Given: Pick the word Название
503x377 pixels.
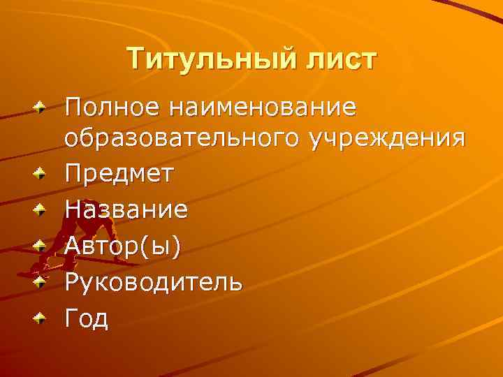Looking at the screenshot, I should [126, 209].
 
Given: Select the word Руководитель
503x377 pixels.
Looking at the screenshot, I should [154, 282].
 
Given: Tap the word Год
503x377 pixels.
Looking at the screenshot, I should [87, 318].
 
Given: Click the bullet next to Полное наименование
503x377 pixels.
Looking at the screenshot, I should [43, 109].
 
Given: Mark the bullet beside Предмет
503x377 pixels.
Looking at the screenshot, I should [43, 173].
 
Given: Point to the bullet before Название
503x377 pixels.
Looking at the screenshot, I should [43, 209].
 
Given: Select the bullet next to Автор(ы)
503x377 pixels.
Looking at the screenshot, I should [43, 245].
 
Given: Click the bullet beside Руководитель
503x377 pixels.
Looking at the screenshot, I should [43, 282].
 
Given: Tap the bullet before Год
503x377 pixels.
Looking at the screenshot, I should [43, 318].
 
